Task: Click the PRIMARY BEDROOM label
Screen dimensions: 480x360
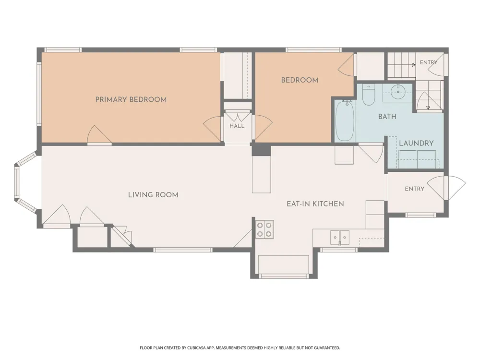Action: point(131,99)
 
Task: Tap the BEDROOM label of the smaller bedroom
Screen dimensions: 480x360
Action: point(300,80)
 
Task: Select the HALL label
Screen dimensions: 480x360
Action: point(237,126)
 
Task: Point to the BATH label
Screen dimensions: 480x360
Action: point(387,116)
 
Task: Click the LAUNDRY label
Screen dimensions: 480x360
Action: point(416,143)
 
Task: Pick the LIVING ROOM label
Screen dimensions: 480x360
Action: point(153,195)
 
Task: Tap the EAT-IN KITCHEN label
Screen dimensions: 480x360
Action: point(315,204)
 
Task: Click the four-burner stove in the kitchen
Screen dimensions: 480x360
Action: point(264,230)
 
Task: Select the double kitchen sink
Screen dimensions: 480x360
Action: point(340,237)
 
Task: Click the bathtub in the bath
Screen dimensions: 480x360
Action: point(345,120)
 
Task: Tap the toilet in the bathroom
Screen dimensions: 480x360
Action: point(368,95)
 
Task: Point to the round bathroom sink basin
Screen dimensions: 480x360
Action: point(398,91)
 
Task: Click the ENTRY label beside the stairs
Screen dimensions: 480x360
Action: point(429,62)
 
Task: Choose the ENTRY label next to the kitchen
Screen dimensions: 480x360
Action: point(415,189)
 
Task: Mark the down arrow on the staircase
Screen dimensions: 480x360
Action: point(428,103)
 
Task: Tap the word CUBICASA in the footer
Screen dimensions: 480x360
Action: point(199,348)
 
